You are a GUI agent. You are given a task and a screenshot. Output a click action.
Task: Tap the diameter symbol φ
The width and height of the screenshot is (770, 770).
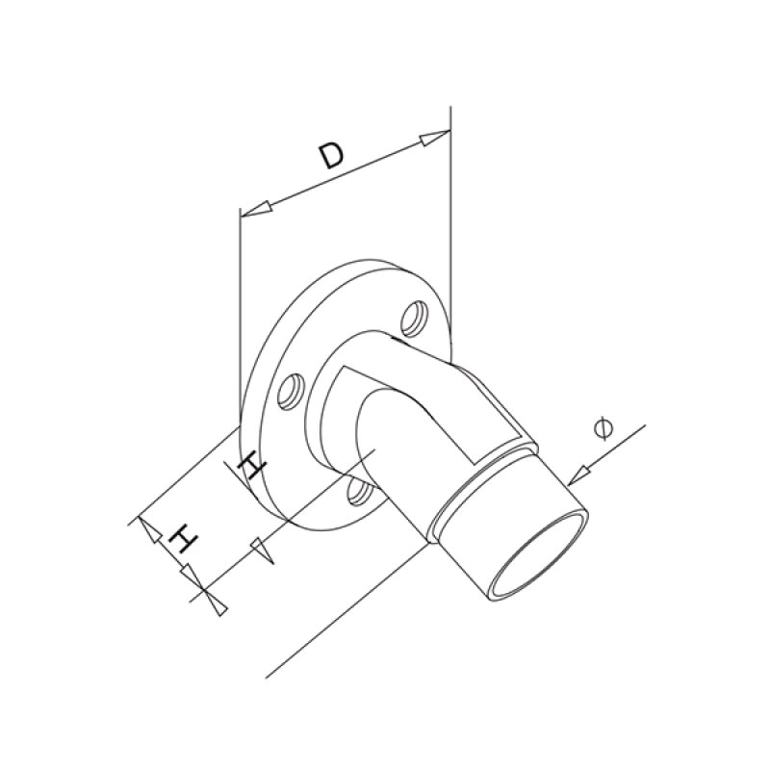(603, 427)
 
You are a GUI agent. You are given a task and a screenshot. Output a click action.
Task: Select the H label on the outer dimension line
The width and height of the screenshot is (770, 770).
(180, 539)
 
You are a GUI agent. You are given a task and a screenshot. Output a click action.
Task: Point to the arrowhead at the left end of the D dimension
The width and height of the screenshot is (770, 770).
(254, 207)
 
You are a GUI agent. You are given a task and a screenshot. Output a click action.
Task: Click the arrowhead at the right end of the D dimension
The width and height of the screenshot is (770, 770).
(435, 138)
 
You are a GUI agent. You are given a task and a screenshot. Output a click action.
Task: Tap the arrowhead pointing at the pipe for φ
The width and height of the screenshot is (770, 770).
(579, 473)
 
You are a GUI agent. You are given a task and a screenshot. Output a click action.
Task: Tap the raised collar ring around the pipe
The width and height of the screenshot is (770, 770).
(481, 472)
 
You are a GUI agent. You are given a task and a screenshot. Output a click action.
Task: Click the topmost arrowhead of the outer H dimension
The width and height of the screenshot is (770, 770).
(146, 527)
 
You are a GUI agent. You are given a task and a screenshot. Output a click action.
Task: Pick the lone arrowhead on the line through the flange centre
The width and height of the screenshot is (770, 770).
(261, 552)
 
